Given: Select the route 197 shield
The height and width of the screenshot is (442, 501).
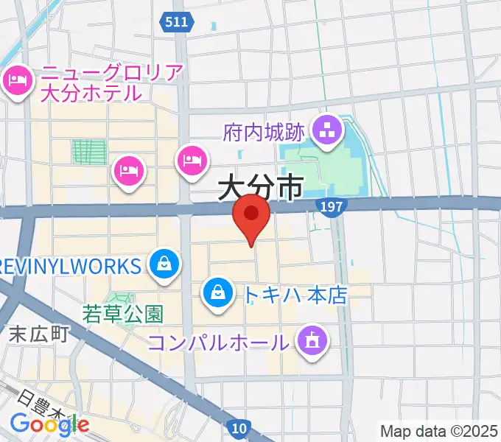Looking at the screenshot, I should tap(334, 208).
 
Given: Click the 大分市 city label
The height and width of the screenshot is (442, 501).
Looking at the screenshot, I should tap(261, 189).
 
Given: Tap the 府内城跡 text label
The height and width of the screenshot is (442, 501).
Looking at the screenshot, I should tap(263, 133).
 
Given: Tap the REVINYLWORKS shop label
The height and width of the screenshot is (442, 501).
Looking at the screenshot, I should tap(70, 265).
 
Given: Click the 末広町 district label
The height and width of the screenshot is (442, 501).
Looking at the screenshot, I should tap(39, 334).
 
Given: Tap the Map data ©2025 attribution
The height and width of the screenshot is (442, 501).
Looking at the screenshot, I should tap(439, 431).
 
